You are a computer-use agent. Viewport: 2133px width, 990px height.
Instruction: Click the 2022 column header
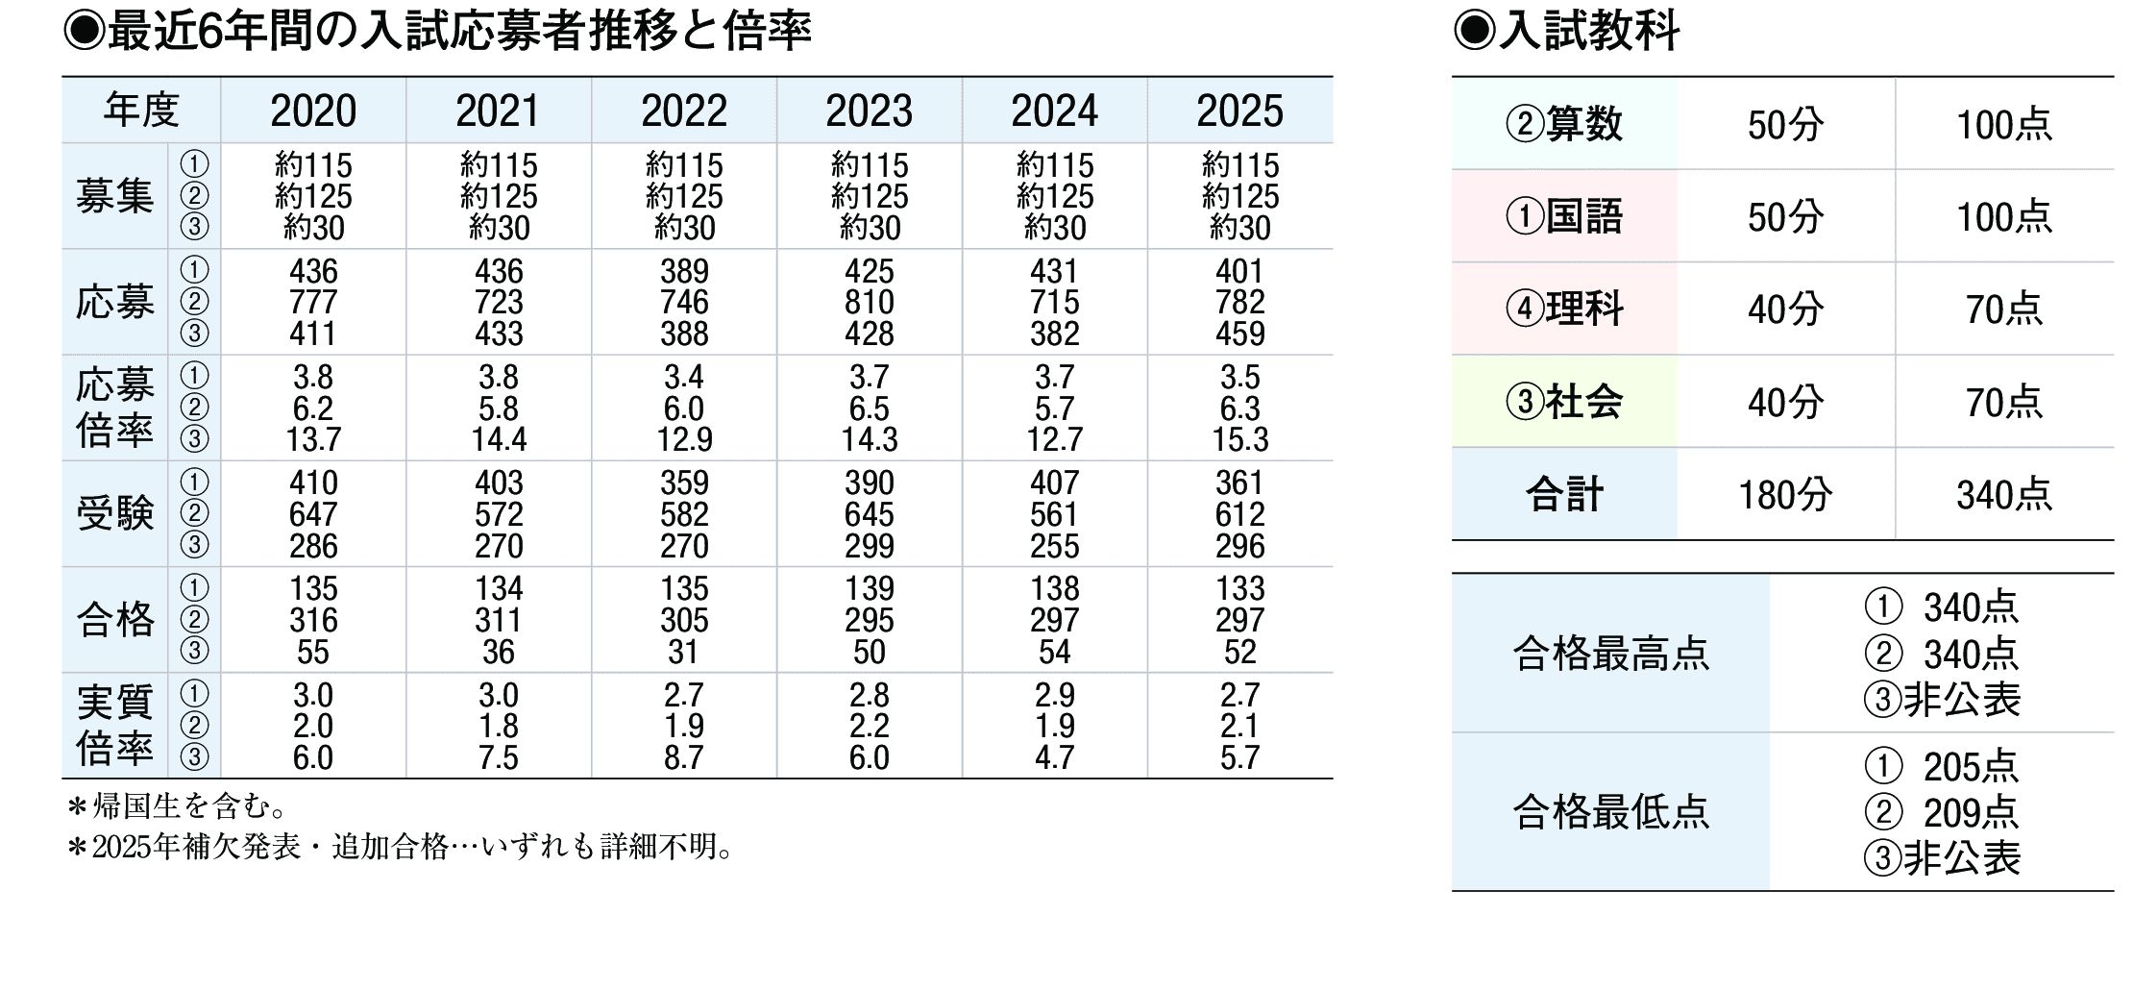[x=683, y=111]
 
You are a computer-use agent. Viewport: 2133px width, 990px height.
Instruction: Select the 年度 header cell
[x=141, y=111]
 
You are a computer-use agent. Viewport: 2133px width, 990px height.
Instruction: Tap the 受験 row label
[x=114, y=514]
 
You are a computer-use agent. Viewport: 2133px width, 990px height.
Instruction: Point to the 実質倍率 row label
[x=114, y=726]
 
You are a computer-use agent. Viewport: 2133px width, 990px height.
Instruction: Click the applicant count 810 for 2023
[x=869, y=303]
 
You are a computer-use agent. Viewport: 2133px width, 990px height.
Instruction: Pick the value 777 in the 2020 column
[x=313, y=303]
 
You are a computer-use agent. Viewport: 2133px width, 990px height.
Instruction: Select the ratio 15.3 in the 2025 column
[x=1239, y=440]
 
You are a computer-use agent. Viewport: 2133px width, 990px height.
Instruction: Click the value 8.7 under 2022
[x=683, y=757]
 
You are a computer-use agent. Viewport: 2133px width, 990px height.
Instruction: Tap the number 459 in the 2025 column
[x=1239, y=334]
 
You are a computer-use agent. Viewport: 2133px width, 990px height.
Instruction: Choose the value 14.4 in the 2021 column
[x=499, y=440]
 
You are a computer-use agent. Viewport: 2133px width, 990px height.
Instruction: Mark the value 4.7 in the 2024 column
[x=1054, y=757]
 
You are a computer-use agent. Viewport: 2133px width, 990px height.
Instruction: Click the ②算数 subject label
[x=1564, y=125]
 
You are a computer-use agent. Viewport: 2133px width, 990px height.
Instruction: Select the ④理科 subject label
[x=1564, y=309]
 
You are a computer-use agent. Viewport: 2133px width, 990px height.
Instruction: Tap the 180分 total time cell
[x=1785, y=495]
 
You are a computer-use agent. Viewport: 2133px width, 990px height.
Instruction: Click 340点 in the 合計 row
[x=2003, y=495]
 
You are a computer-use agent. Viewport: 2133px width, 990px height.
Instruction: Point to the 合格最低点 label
[x=1610, y=812]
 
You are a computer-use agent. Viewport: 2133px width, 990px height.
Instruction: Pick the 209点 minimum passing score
[x=1970, y=813]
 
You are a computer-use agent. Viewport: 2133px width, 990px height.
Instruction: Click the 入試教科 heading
[x=1588, y=31]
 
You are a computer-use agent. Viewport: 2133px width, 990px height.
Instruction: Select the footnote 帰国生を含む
[x=183, y=805]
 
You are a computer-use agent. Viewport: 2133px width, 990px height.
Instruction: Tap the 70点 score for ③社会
[x=2003, y=403]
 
